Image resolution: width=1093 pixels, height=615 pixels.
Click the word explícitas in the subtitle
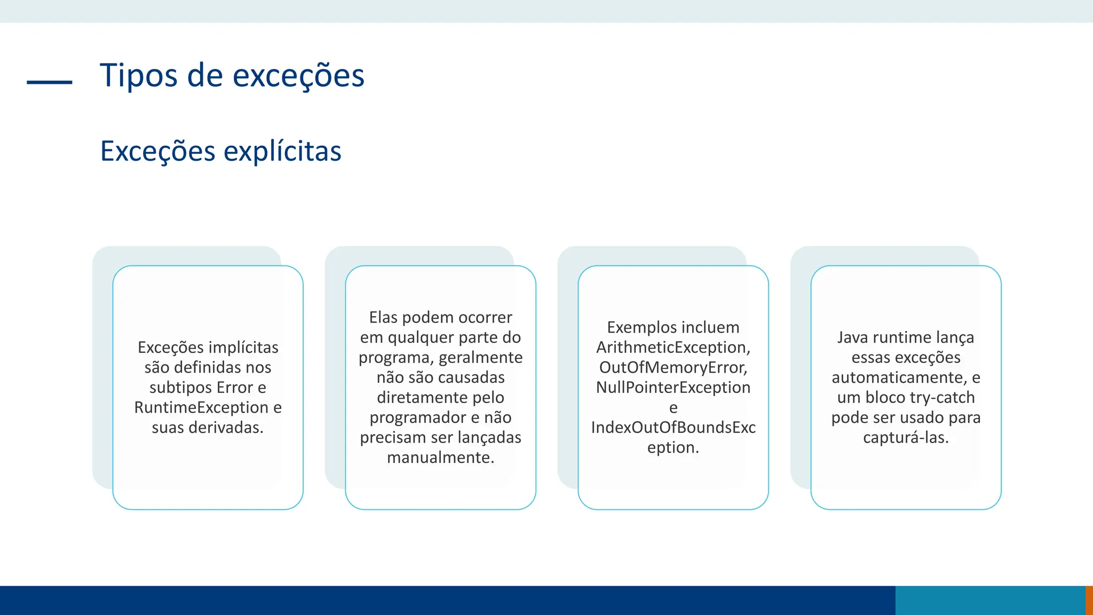pyautogui.click(x=282, y=151)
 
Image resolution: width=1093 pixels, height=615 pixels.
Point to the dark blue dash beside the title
pyautogui.click(x=50, y=82)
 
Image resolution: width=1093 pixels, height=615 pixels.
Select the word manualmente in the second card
pyautogui.click(x=440, y=458)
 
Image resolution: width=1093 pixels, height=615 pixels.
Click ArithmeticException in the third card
pyautogui.click(x=673, y=348)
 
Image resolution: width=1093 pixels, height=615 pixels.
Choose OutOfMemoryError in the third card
pyautogui.click(x=673, y=367)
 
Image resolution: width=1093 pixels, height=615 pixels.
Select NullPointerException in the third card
pyautogui.click(x=673, y=388)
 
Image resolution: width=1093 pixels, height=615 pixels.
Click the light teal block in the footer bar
pyautogui.click(x=990, y=600)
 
